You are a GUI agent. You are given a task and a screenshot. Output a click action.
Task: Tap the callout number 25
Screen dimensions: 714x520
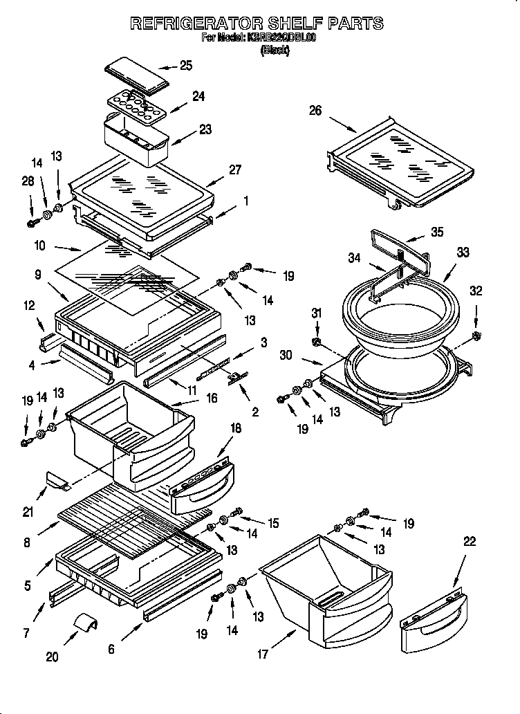185,66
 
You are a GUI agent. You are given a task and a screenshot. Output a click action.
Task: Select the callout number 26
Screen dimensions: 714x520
315,111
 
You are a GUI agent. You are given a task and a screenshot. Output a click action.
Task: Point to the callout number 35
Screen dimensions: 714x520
436,232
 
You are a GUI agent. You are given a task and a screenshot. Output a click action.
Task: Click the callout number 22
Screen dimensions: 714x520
470,542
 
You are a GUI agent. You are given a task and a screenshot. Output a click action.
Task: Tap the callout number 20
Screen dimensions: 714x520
52,657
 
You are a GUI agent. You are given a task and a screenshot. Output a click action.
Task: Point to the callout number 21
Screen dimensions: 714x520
28,512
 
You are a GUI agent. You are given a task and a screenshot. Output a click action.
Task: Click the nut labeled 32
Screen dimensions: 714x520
476,336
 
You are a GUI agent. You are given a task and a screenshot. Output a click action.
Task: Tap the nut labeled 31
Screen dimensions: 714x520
317,342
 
